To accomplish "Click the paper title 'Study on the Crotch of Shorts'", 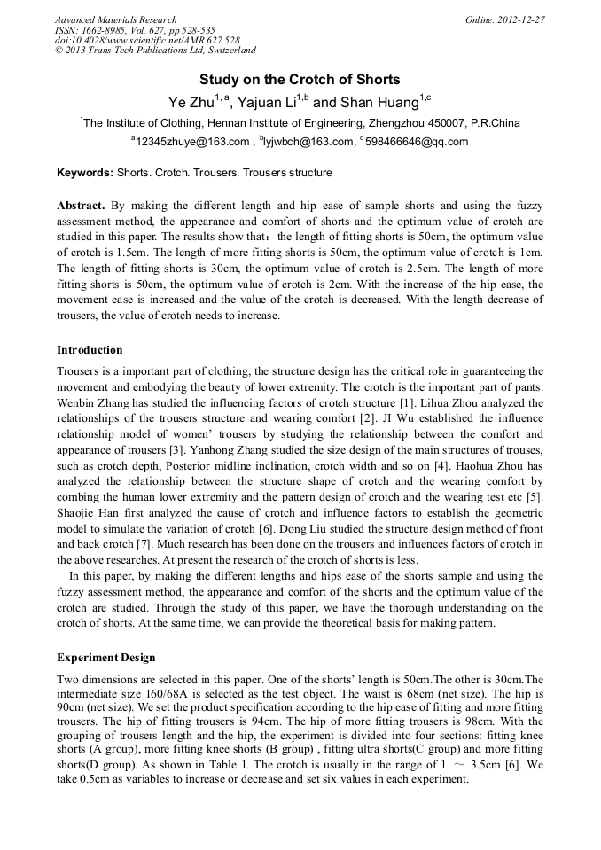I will pos(300,80).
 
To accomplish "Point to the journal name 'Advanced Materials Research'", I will pos(116,19).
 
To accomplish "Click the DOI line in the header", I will pos(147,40).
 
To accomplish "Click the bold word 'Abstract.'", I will pos(81,206).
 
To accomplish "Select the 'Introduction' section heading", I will pos(90,350).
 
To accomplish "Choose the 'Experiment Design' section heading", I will pos(105,658).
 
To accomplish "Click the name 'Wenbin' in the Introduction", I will pos(75,404).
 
